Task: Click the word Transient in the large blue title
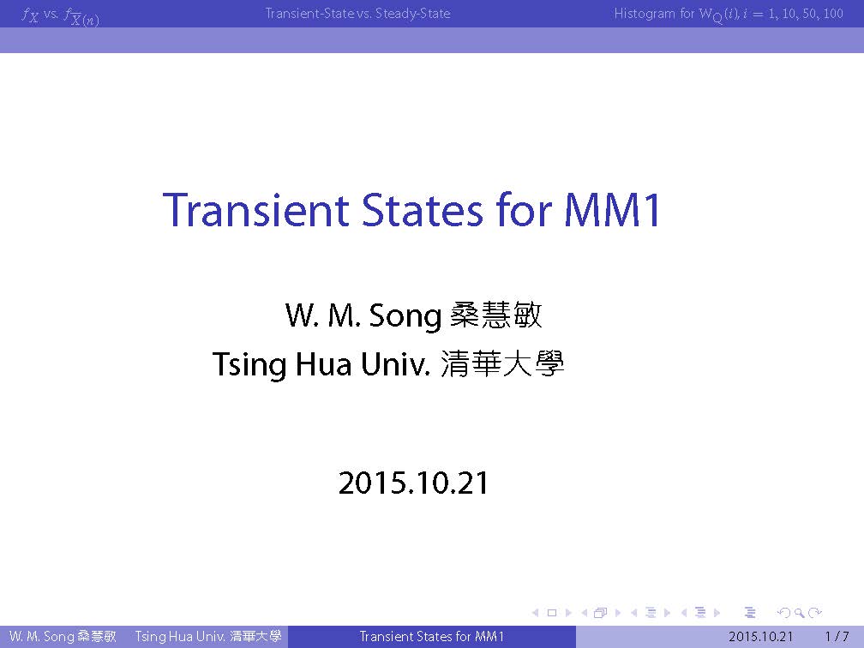[x=256, y=210]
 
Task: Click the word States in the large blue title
[x=422, y=210]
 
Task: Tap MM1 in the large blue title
[x=612, y=210]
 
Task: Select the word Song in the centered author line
[x=405, y=315]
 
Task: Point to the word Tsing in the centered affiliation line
[x=249, y=364]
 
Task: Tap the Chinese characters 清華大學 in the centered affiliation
[x=502, y=363]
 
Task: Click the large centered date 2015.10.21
[x=413, y=483]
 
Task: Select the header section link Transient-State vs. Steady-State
[x=357, y=13]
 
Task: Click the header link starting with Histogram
[x=729, y=14]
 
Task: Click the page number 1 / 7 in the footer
[x=837, y=636]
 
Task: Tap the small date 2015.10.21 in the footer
[x=760, y=636]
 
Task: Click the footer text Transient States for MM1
[x=431, y=636]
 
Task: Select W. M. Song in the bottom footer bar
[x=41, y=636]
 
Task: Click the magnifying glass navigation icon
[x=799, y=613]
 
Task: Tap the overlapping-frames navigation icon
[x=601, y=612]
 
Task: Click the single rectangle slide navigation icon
[x=552, y=613]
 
